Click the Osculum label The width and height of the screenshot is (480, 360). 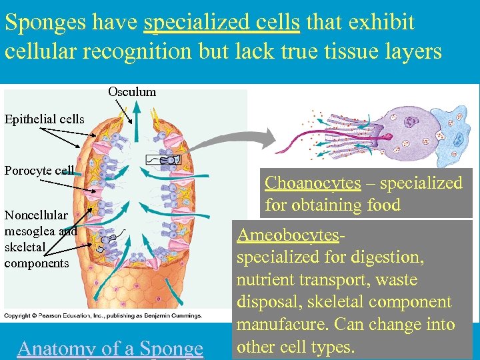(132, 92)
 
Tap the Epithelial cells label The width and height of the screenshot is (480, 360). (44, 119)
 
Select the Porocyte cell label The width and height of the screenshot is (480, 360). (39, 170)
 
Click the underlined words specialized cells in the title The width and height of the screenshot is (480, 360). (221, 23)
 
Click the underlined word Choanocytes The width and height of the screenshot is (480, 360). (313, 183)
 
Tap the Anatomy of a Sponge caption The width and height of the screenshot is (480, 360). (110, 348)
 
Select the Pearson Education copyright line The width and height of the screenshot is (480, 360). (103, 315)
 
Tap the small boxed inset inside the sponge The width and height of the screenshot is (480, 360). (165, 160)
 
